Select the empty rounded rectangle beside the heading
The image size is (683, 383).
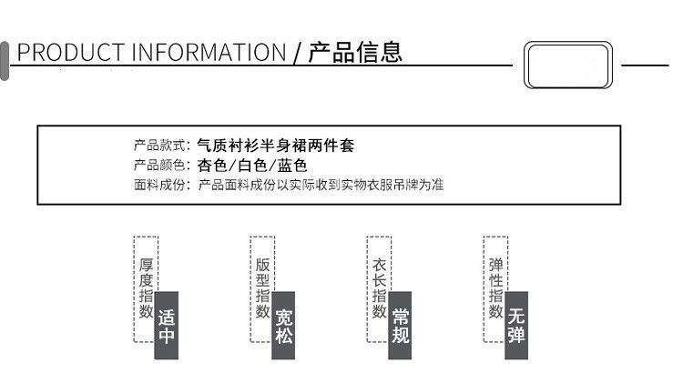(x=568, y=65)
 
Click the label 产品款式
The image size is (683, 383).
(x=160, y=145)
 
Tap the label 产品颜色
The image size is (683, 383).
(x=160, y=166)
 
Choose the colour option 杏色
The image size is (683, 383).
(x=211, y=166)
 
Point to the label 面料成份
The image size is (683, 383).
(x=160, y=186)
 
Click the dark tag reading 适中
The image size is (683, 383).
(x=166, y=326)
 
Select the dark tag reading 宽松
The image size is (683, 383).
(x=283, y=326)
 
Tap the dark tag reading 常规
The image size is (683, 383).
(x=400, y=326)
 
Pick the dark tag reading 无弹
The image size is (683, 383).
(x=516, y=326)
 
